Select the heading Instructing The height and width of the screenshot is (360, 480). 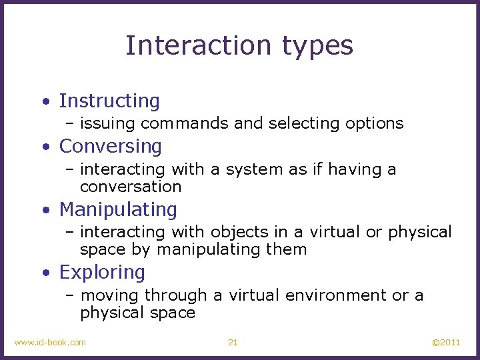(109, 101)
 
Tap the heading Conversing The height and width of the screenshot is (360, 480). (111, 147)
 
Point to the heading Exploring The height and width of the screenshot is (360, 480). (102, 273)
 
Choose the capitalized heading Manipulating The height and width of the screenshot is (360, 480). (118, 209)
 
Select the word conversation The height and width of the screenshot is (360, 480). (131, 187)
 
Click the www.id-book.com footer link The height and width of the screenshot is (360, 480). (50, 342)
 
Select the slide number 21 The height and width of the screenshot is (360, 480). (233, 342)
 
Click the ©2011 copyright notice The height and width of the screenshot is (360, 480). (446, 342)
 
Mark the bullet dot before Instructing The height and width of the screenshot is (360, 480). (45, 102)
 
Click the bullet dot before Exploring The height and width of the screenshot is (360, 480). (45, 273)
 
